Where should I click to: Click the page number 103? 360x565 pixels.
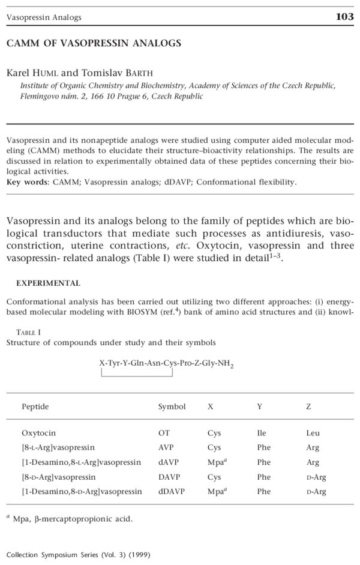click(x=344, y=17)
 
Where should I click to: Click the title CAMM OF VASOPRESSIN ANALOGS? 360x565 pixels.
click(x=94, y=43)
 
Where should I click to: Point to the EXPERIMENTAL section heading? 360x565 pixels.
click(x=48, y=283)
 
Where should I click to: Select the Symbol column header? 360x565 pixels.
click(x=172, y=406)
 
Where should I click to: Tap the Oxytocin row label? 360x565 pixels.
click(x=39, y=433)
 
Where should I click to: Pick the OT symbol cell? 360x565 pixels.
click(x=164, y=433)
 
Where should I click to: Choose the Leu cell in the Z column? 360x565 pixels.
click(x=313, y=433)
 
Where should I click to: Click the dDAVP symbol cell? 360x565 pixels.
click(x=170, y=491)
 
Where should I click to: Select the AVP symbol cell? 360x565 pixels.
click(x=166, y=447)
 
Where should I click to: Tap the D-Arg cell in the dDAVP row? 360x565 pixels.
click(x=316, y=491)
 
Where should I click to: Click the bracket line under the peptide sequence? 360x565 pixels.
click(x=137, y=376)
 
